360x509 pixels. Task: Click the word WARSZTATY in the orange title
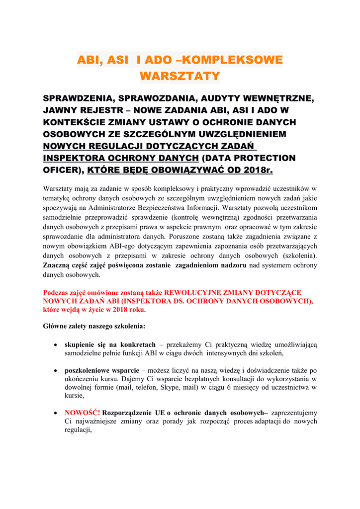tap(180, 77)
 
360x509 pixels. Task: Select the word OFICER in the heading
tap(63, 170)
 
